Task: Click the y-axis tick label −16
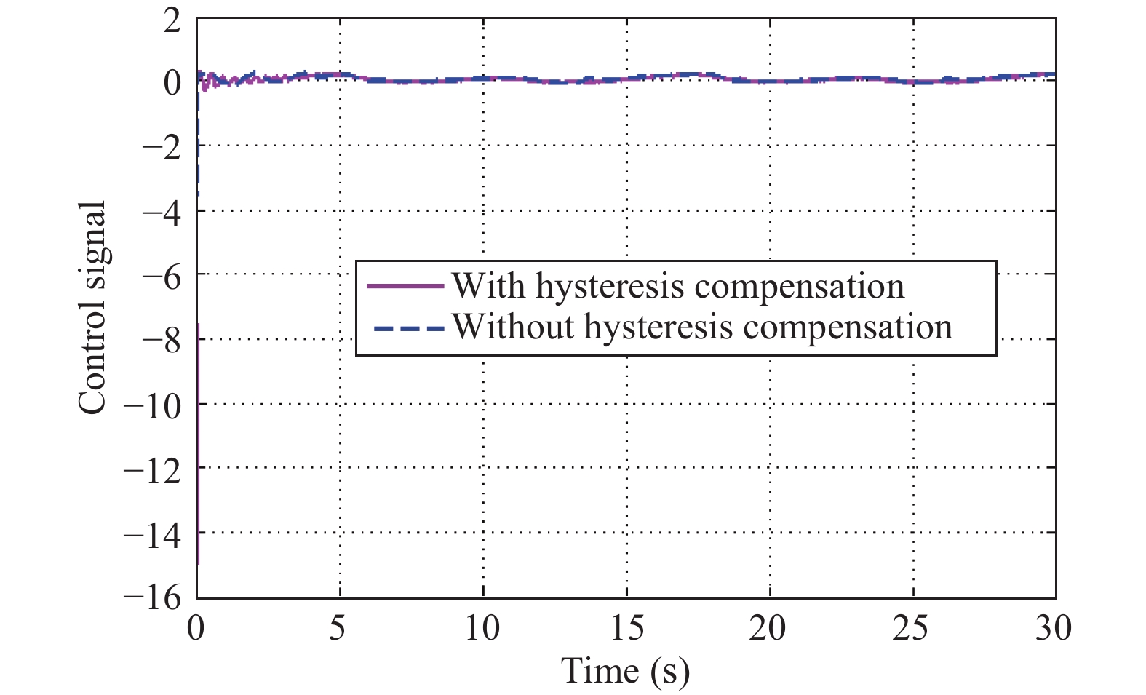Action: coord(152,598)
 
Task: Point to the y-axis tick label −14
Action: coord(152,534)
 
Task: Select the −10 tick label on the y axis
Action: coord(152,405)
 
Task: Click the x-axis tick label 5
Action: coord(338,628)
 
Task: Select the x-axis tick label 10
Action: coord(482,628)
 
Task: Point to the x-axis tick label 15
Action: coord(626,628)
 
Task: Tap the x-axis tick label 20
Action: coord(768,628)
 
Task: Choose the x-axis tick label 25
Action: coord(912,628)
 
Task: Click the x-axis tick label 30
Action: coord(1054,628)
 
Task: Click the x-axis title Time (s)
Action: coord(626,670)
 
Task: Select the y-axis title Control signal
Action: coord(93,307)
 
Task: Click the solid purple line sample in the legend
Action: coord(405,286)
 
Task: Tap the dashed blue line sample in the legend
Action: coord(407,328)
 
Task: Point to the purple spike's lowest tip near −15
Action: coord(198,563)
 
